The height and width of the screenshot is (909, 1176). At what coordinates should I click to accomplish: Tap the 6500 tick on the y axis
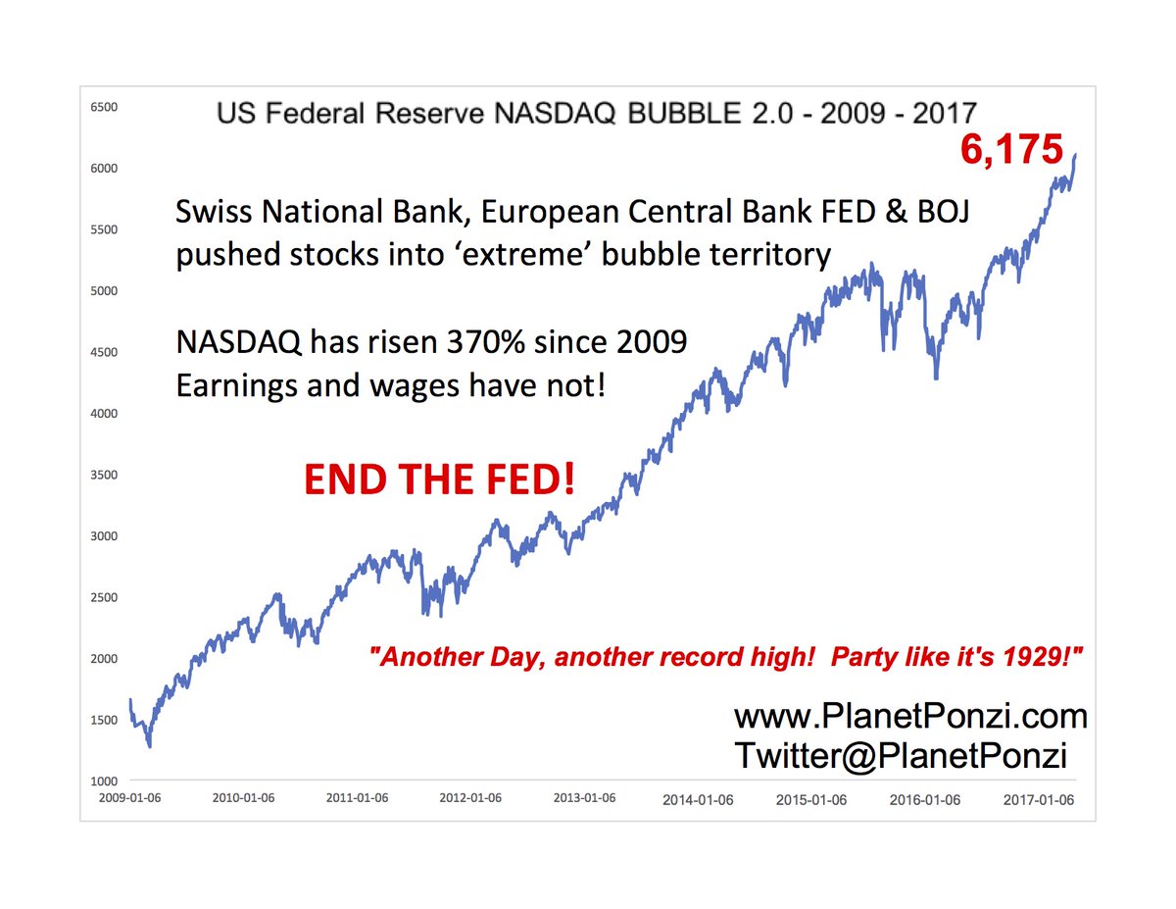pyautogui.click(x=104, y=106)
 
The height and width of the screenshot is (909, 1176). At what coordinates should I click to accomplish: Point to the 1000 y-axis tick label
pyautogui.click(x=104, y=782)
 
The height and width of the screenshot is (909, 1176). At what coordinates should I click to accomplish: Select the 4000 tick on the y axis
pyautogui.click(x=104, y=413)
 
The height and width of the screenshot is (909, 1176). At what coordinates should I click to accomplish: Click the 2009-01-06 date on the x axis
pyautogui.click(x=130, y=797)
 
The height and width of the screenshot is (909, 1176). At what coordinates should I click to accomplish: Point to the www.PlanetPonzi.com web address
pyautogui.click(x=910, y=717)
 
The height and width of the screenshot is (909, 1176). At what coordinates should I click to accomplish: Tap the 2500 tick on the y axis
pyautogui.click(x=104, y=597)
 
